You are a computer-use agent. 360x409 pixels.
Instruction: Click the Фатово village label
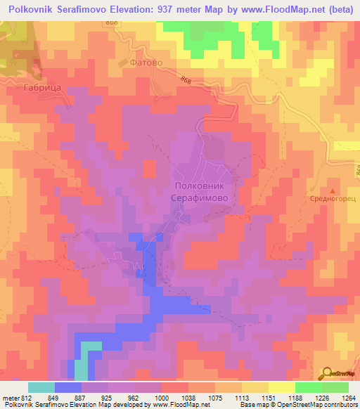(x=144, y=63)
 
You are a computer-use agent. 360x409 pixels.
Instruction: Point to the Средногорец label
(x=331, y=199)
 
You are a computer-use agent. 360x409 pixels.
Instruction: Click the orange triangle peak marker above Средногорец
(x=332, y=190)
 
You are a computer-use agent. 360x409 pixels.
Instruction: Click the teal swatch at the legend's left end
(x=41, y=387)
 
